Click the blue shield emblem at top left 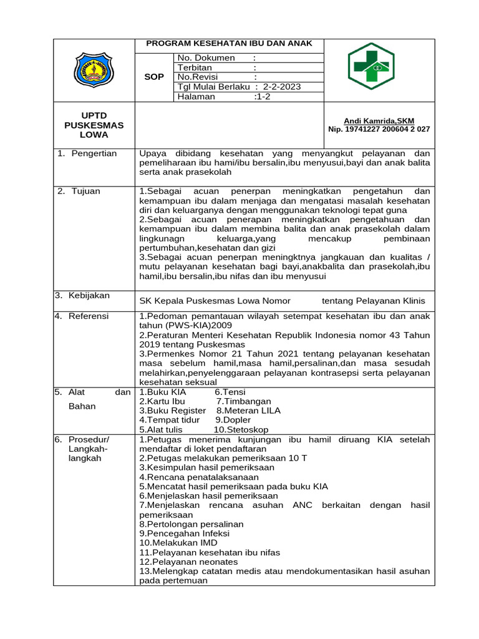[94, 69]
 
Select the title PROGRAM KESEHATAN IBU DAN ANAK [230, 44]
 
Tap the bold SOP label [153, 77]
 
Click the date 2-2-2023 [282, 87]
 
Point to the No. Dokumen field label [206, 58]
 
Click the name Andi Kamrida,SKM [379, 120]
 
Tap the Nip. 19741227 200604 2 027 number [379, 129]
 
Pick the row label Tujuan [85, 191]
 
